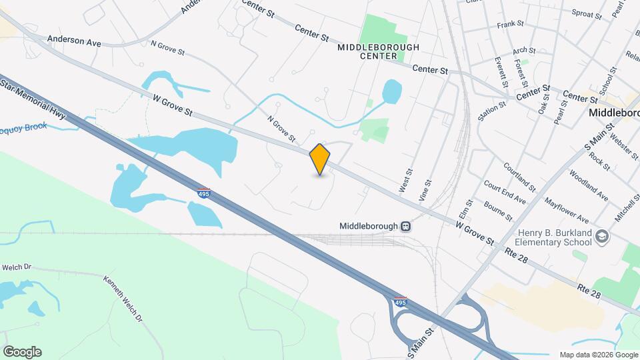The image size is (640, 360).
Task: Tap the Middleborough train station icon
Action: click(x=405, y=227)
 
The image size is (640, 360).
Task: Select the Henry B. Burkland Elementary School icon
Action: click(x=602, y=237)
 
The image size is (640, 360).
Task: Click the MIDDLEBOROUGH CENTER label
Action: click(x=378, y=52)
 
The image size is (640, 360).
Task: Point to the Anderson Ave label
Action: click(x=74, y=41)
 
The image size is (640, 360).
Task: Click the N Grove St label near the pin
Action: click(x=281, y=129)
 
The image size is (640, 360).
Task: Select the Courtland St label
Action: click(x=519, y=175)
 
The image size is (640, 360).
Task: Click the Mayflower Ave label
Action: click(x=567, y=209)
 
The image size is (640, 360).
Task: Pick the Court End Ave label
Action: click(x=505, y=192)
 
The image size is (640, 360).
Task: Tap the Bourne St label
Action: click(x=498, y=211)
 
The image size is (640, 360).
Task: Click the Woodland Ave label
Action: click(x=589, y=186)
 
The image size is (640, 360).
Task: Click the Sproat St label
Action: click(x=587, y=13)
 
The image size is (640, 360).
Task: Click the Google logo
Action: click(x=22, y=351)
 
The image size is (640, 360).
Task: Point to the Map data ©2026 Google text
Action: click(x=598, y=355)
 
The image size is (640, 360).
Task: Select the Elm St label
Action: click(x=466, y=211)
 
